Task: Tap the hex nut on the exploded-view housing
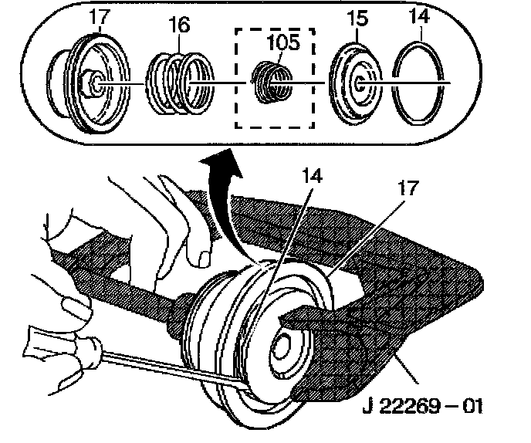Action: coord(92,80)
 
